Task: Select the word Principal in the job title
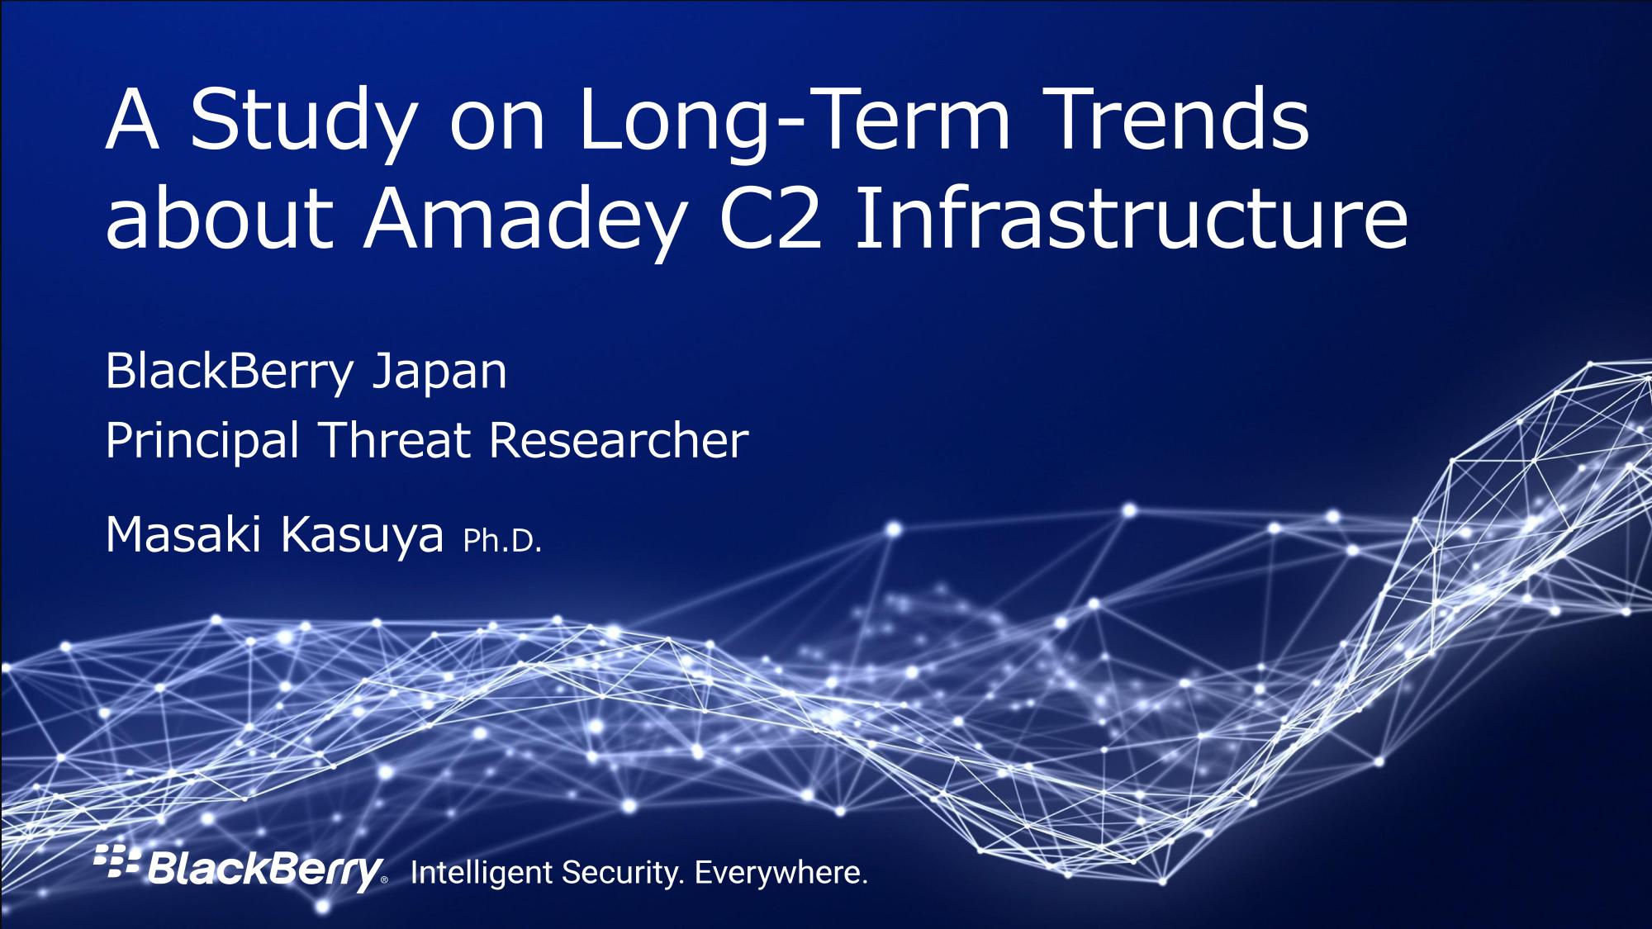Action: [202, 442]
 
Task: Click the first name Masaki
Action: [183, 534]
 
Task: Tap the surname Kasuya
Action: [362, 537]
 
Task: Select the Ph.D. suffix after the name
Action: [502, 540]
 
